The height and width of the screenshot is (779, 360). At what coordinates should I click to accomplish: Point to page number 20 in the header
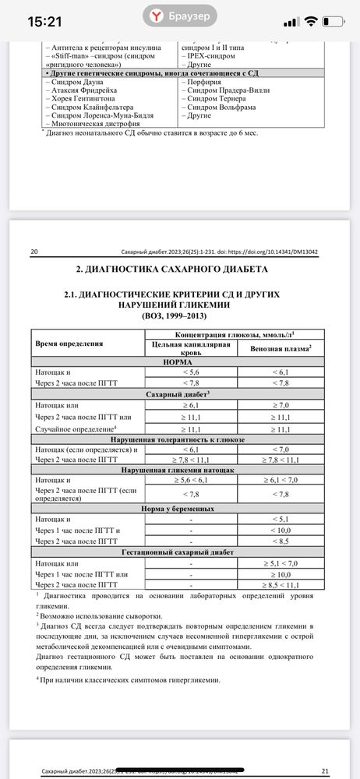[34, 252]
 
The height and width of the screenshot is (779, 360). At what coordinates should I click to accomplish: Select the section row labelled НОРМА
[178, 362]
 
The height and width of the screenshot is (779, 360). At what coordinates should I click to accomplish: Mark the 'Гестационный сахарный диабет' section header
[178, 551]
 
